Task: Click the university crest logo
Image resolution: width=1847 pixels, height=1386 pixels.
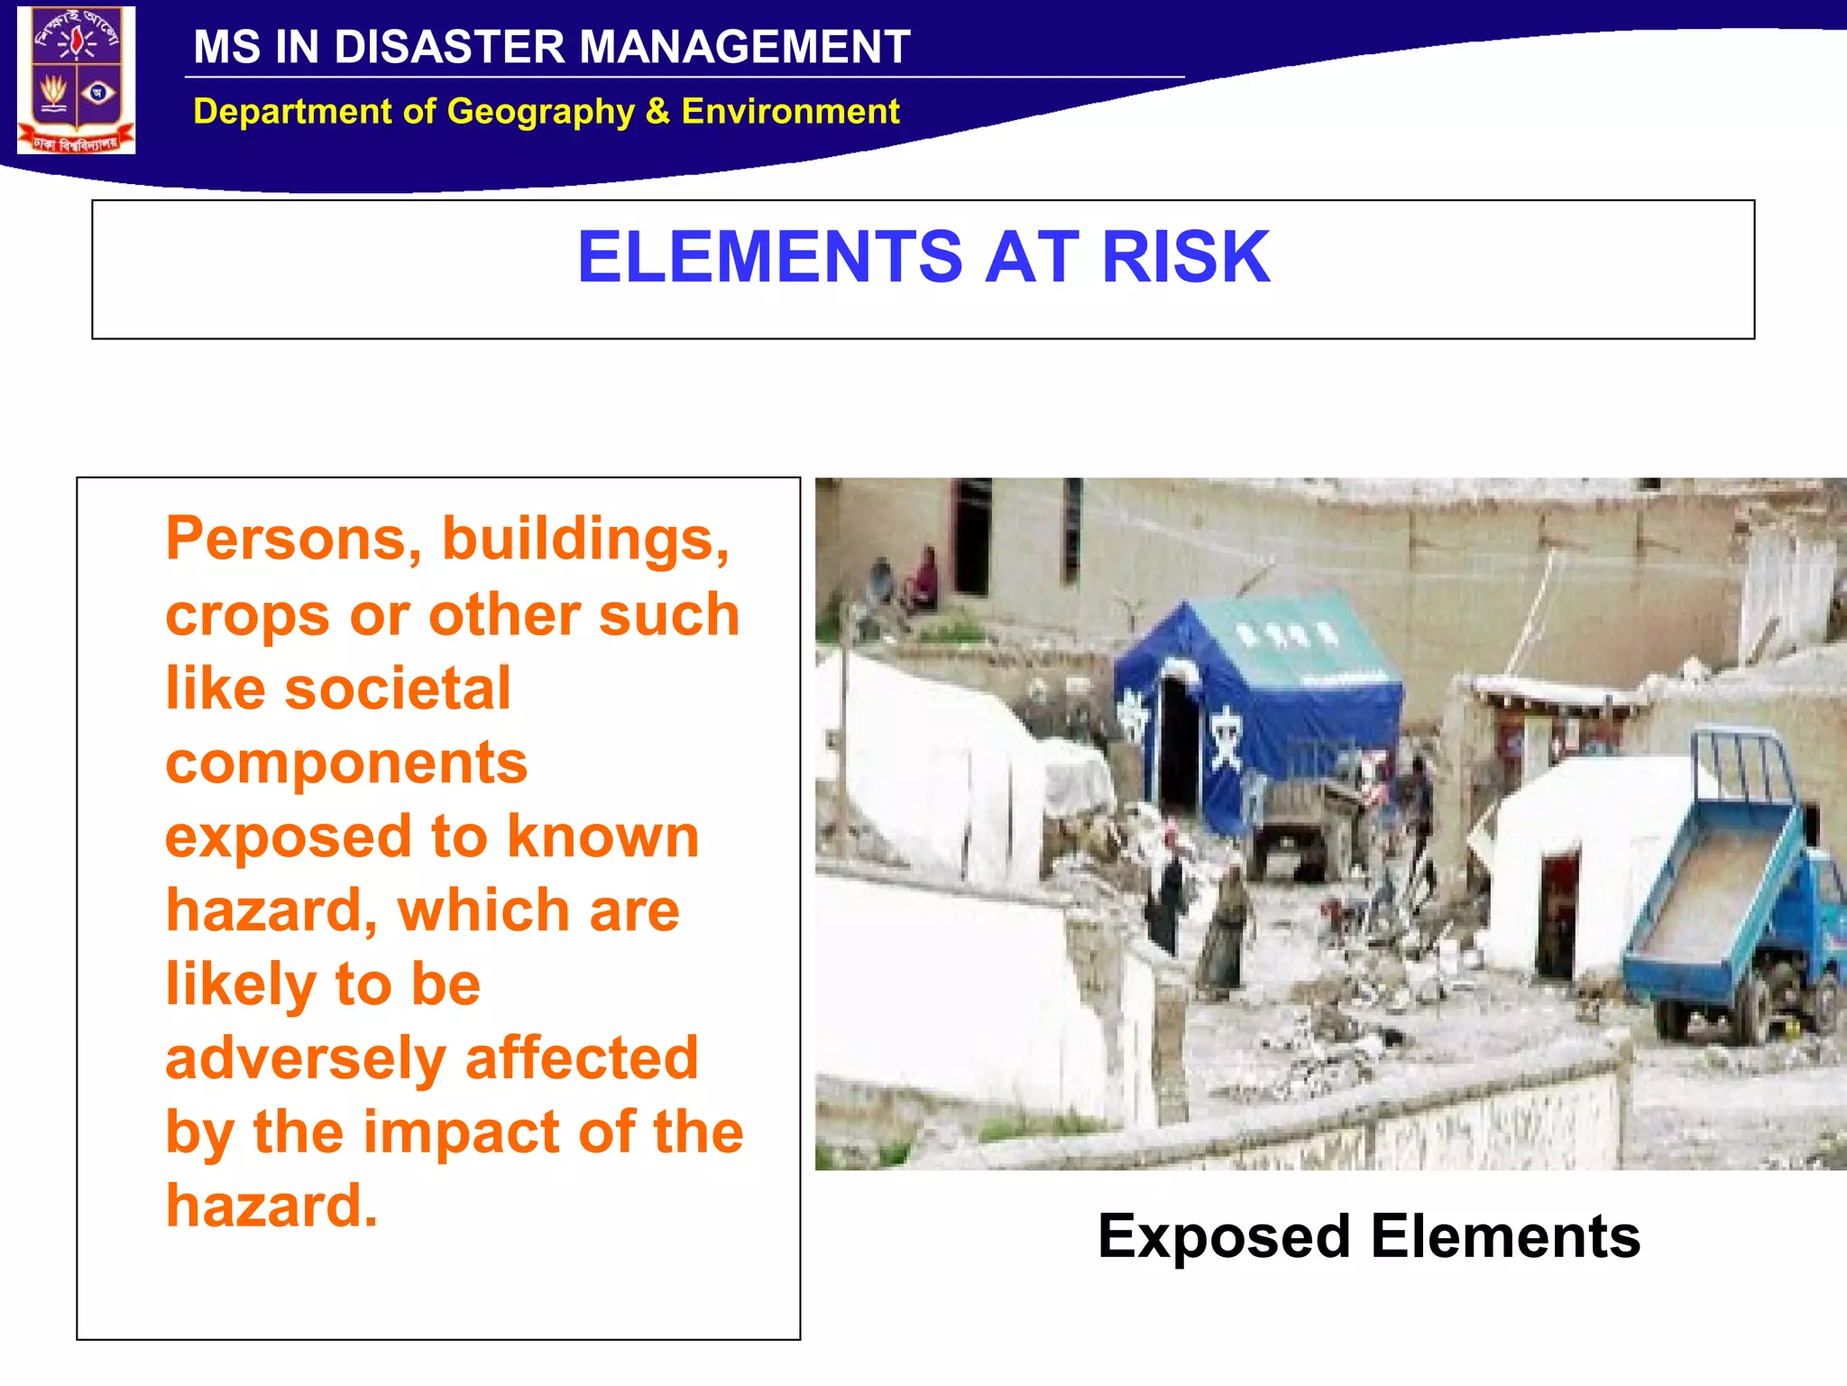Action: pos(77,79)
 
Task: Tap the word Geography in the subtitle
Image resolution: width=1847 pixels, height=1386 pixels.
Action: pos(540,112)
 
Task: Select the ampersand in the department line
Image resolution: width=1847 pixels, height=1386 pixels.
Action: pos(657,112)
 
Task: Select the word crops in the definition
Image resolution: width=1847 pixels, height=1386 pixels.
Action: pos(247,617)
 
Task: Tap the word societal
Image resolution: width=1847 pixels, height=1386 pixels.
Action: pos(398,688)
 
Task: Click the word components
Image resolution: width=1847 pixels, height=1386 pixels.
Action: pos(346,763)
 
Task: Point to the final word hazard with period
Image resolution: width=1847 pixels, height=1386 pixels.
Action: pos(271,1206)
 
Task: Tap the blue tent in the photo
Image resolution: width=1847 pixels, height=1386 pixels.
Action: pos(1263,695)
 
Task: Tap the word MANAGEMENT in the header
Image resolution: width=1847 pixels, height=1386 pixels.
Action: pos(744,47)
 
